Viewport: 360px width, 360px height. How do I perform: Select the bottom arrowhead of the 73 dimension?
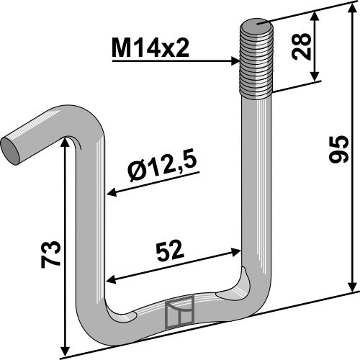(x=67, y=349)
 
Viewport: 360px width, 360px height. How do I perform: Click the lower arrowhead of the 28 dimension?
(x=314, y=80)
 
